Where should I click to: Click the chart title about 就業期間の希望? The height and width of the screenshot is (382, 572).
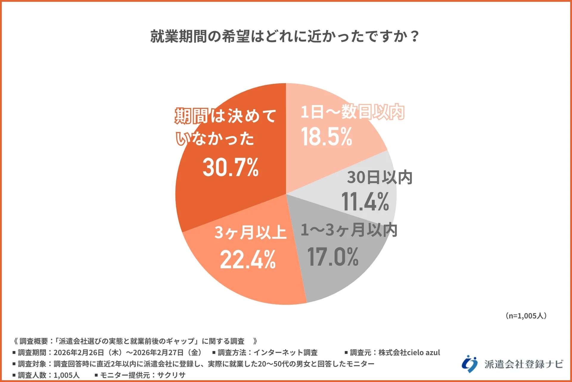285,36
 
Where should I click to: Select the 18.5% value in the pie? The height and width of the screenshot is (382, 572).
327,137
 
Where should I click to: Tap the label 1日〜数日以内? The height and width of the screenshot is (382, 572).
352,112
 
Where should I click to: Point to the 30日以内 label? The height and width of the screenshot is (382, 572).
380,177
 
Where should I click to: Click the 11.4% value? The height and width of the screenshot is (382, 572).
365,202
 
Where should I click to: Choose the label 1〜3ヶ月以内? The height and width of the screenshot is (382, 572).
349,230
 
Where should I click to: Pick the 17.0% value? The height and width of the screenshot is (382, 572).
333,257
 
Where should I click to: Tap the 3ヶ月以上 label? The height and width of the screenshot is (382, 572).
250,232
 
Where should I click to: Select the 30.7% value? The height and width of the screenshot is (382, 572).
231,167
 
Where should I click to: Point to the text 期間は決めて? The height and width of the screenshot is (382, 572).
226,116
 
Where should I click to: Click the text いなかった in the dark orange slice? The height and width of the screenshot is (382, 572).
215,139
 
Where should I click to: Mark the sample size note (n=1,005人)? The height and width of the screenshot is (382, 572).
526,316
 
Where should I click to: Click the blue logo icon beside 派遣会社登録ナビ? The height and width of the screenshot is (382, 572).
470,364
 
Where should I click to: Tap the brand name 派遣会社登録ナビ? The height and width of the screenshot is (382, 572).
523,364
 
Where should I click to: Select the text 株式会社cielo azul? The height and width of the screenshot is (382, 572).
409,352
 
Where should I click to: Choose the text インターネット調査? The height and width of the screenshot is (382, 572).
285,352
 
